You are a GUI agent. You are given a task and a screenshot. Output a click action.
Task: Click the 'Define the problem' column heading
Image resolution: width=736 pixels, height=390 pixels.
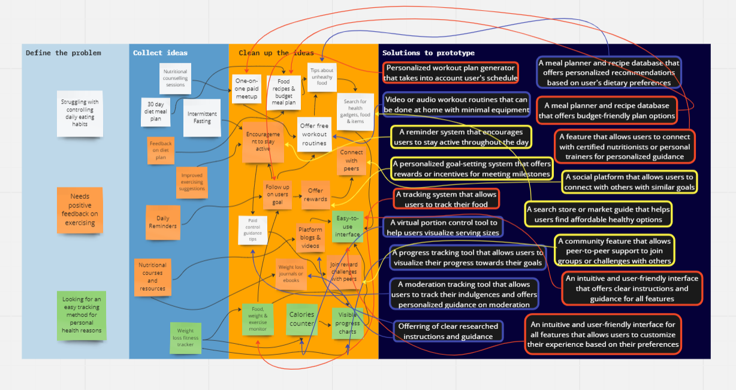[64, 53]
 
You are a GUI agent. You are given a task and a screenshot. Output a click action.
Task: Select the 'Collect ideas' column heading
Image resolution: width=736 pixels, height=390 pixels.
[160, 53]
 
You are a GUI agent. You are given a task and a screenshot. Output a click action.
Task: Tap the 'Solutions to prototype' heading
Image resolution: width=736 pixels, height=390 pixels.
[428, 53]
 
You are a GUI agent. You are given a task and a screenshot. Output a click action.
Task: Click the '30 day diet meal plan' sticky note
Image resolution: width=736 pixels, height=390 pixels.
[155, 111]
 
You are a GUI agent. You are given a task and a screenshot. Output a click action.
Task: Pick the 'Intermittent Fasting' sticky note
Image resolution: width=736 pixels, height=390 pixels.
[202, 117]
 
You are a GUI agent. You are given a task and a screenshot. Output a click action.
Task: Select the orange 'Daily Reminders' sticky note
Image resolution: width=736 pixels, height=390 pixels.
[163, 222]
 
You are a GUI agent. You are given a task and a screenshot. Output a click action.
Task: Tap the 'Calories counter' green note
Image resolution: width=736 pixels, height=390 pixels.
[301, 319]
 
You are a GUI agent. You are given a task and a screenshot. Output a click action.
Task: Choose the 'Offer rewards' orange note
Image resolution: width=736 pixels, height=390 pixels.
[315, 195]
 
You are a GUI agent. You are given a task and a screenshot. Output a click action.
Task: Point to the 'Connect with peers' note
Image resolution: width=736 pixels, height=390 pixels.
[351, 161]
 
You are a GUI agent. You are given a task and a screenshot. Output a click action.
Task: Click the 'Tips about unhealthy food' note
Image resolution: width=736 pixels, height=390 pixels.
[322, 77]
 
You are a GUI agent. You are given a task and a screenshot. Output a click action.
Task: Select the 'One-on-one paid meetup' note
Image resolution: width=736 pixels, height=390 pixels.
[246, 89]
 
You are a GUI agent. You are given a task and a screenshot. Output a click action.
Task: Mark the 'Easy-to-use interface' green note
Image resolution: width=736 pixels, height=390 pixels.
[348, 226]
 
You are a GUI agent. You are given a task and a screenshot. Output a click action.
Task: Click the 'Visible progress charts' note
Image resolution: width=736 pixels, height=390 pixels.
[348, 324]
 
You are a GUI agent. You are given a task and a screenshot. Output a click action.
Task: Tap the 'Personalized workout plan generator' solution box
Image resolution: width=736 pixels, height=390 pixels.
[450, 72]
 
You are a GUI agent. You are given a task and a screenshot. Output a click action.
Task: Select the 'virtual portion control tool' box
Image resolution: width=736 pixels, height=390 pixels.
[442, 228]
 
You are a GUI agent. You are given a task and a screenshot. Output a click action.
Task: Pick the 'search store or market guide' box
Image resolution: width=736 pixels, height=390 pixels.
[598, 214]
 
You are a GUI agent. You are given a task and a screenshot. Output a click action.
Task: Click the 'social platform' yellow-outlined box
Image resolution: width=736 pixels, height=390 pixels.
[629, 182]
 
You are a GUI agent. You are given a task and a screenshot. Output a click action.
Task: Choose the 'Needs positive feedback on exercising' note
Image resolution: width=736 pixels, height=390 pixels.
[80, 210]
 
